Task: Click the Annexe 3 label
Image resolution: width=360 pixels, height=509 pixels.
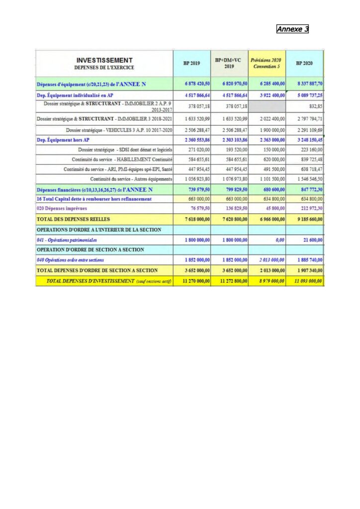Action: point(293,29)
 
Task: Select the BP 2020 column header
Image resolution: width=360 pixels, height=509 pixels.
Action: point(304,63)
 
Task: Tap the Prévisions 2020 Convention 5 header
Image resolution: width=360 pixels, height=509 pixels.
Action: point(267,63)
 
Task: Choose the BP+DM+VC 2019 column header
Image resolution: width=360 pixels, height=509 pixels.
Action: point(228,63)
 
